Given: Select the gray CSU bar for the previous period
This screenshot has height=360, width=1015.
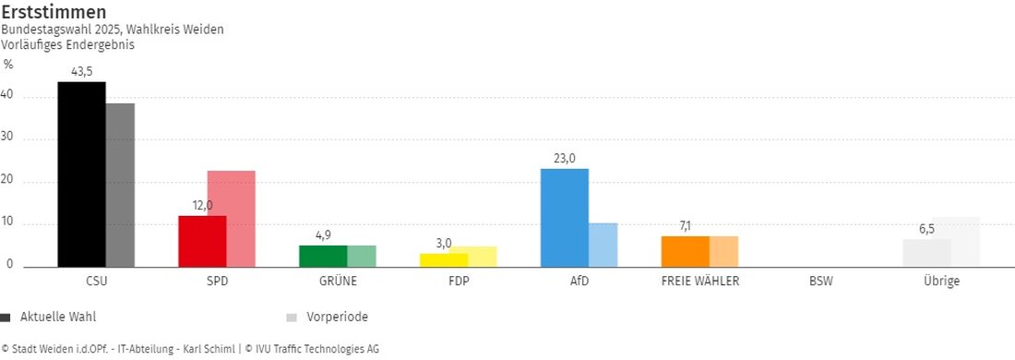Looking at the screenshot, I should pyautogui.click(x=120, y=185).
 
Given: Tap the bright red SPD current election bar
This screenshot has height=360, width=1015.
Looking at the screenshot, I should pyautogui.click(x=201, y=241).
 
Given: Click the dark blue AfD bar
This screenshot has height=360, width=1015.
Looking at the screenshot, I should pyautogui.click(x=564, y=218).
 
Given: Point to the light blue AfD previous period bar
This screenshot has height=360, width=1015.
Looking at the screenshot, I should pyautogui.click(x=603, y=245).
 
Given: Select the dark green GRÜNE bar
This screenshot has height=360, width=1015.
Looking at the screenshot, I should pyautogui.click(x=323, y=256).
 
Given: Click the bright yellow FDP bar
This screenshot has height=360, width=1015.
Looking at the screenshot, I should pyautogui.click(x=444, y=259).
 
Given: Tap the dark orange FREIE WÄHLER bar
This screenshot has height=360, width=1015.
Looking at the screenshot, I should pyautogui.click(x=685, y=251).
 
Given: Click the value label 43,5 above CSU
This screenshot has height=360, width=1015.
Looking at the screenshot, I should pyautogui.click(x=82, y=71).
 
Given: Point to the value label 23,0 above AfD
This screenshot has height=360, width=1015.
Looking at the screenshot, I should pyautogui.click(x=565, y=158).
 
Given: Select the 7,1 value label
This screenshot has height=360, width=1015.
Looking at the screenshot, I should pyautogui.click(x=685, y=226).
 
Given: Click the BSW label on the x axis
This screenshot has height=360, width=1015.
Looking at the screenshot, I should pyautogui.click(x=820, y=281).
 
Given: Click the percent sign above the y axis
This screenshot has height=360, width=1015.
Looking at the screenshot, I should pyautogui.click(x=8, y=65).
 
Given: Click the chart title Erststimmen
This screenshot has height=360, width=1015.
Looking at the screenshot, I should pyautogui.click(x=54, y=12).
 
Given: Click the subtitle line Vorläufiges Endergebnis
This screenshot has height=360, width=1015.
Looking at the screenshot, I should pyautogui.click(x=67, y=43).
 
